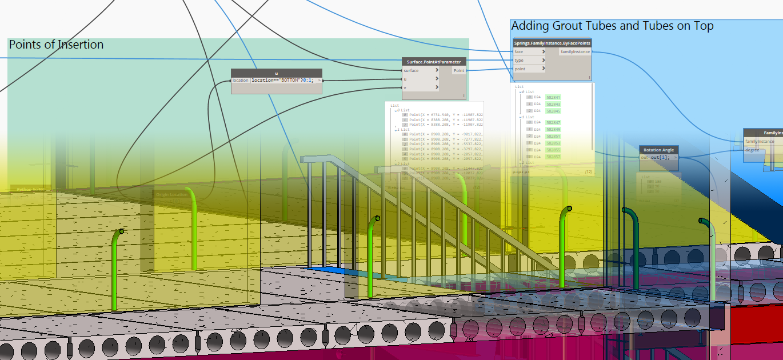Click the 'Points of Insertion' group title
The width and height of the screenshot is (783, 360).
click(56, 45)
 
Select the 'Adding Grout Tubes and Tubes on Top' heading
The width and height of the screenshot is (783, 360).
click(612, 26)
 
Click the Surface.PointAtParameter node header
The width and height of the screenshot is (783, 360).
click(433, 62)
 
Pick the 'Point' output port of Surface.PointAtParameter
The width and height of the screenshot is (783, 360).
click(459, 70)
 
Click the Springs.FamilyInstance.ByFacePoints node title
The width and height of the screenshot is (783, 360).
click(552, 43)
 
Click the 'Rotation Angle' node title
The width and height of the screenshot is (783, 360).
click(659, 150)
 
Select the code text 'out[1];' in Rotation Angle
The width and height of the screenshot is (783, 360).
click(662, 157)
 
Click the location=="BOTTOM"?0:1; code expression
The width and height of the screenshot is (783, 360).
click(282, 81)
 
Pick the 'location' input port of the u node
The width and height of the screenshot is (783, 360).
click(241, 81)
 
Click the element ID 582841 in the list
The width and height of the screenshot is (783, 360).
click(553, 98)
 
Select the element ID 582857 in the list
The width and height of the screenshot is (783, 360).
click(553, 157)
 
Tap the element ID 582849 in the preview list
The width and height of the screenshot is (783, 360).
click(553, 130)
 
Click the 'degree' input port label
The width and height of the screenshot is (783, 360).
click(753, 150)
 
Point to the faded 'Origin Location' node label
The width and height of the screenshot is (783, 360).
click(171, 194)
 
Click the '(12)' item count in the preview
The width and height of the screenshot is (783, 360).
click(588, 171)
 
